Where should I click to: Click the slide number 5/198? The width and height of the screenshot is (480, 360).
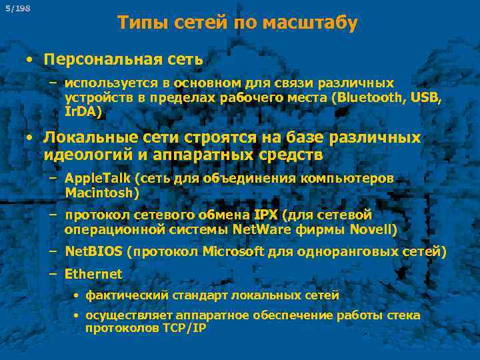click(x=17, y=8)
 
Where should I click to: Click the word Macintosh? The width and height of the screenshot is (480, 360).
click(x=101, y=193)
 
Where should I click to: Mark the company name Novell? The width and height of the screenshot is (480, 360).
click(x=377, y=230)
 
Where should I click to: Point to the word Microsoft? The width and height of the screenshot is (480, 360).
click(x=233, y=252)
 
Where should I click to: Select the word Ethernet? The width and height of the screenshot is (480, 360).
click(x=93, y=274)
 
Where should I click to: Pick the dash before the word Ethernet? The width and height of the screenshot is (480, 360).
click(x=53, y=274)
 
